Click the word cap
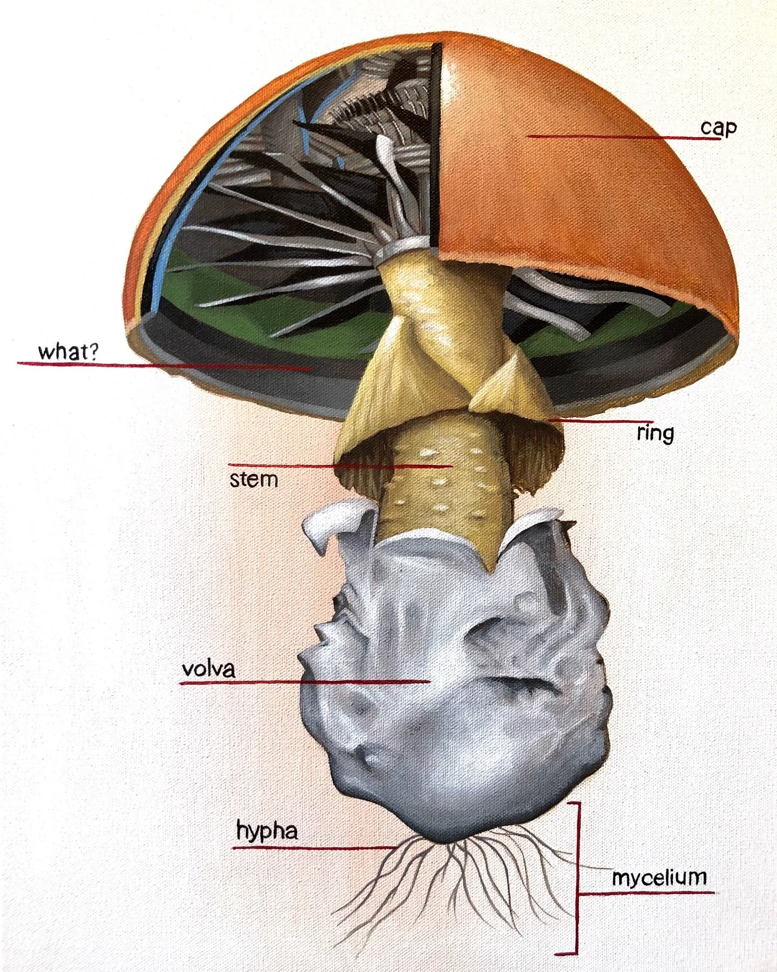(x=718, y=128)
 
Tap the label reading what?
(x=68, y=352)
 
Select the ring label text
(x=655, y=433)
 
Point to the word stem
(x=254, y=479)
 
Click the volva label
(x=208, y=670)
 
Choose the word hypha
(x=267, y=831)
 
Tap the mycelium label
(x=659, y=878)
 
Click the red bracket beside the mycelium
(x=578, y=886)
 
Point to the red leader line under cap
(x=621, y=137)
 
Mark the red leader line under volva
(x=302, y=683)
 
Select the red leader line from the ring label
(x=599, y=421)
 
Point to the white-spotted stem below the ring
(x=448, y=486)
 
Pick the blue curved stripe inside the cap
(x=178, y=216)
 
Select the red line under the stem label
(x=340, y=465)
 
